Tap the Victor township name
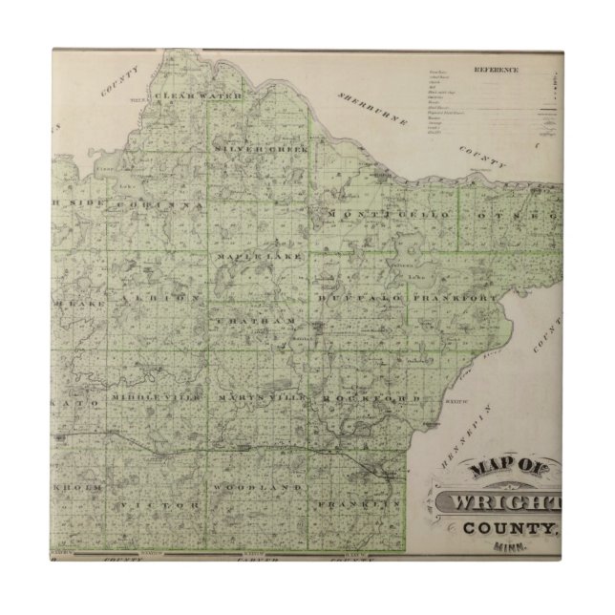point(159,503)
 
